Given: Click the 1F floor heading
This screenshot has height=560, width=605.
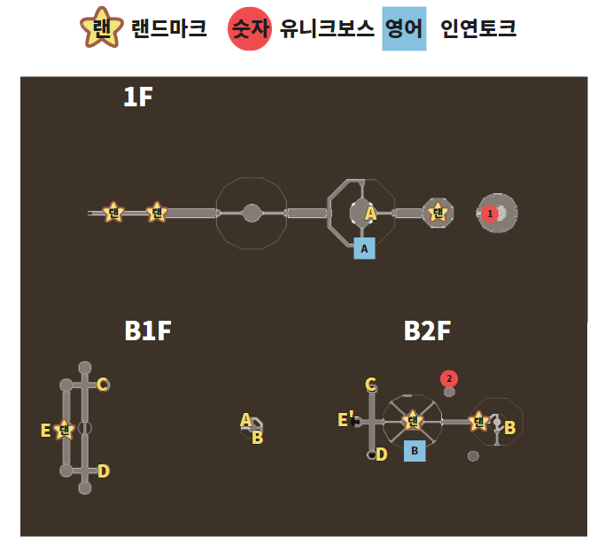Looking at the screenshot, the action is click(x=138, y=97).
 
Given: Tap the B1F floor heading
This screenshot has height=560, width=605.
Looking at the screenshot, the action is click(x=148, y=331).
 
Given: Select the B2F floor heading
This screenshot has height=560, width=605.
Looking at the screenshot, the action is click(x=428, y=331).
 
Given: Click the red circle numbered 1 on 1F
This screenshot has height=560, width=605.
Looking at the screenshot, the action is click(x=488, y=214).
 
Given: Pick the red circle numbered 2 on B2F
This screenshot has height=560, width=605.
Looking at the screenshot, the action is click(x=449, y=378).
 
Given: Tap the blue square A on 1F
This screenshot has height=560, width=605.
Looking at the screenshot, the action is click(x=364, y=248).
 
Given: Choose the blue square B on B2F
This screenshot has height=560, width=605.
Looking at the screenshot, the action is click(x=414, y=450).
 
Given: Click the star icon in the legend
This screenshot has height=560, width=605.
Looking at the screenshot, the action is click(x=102, y=29).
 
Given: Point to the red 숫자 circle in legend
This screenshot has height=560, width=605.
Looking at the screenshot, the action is click(x=250, y=29).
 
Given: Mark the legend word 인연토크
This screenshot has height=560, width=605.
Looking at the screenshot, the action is click(x=478, y=29).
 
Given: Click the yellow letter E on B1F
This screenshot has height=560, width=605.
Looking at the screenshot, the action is click(x=45, y=431).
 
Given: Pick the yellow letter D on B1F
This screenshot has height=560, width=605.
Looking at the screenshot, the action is click(x=104, y=471).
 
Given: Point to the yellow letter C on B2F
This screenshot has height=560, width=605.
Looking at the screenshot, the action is click(x=371, y=385).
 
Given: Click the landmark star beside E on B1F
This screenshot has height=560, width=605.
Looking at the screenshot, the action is click(x=64, y=430).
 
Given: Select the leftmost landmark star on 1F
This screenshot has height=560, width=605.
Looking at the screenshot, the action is click(x=112, y=212).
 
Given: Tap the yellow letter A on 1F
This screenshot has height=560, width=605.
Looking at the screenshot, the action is click(x=371, y=213).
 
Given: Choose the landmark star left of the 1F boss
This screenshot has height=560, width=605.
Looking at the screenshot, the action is click(x=438, y=213).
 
